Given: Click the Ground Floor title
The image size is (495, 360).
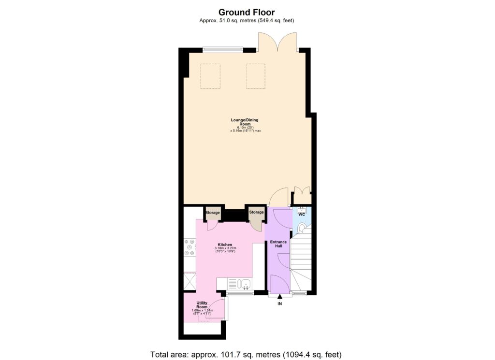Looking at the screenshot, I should (247, 12).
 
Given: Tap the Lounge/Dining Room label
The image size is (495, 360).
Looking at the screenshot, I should (247, 120).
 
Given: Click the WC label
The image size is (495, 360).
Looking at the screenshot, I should (301, 214).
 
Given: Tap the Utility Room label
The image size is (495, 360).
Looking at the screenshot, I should (202, 304).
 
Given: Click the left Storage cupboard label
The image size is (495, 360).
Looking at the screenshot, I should (213, 213).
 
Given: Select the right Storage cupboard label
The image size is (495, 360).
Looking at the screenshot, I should (256, 212).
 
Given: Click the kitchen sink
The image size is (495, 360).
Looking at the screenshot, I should (245, 284).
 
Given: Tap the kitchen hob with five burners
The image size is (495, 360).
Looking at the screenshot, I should (189, 247).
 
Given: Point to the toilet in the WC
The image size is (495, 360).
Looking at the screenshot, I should (302, 228).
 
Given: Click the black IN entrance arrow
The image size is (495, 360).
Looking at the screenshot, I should (279, 297).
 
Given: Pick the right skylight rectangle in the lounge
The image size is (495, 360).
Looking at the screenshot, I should (256, 76).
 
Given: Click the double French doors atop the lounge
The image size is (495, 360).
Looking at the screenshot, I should (277, 43).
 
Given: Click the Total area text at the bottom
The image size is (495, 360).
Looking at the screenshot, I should (247, 354).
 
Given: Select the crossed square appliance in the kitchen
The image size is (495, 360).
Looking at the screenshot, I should (189, 281).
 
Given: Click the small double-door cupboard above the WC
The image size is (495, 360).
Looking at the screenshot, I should (303, 196).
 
